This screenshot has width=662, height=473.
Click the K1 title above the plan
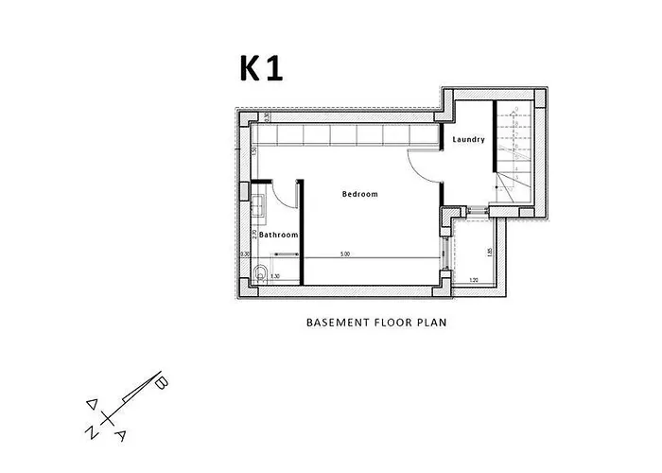(259, 69)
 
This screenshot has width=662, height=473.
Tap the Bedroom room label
(359, 194)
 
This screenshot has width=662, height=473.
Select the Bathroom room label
(279, 235)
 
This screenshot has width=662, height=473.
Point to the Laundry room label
(468, 140)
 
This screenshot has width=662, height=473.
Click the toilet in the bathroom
(260, 275)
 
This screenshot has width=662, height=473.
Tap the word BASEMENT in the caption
(335, 322)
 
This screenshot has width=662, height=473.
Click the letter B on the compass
(162, 383)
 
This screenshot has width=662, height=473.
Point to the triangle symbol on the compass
(92, 403)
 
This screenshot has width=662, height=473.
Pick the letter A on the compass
(121, 435)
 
